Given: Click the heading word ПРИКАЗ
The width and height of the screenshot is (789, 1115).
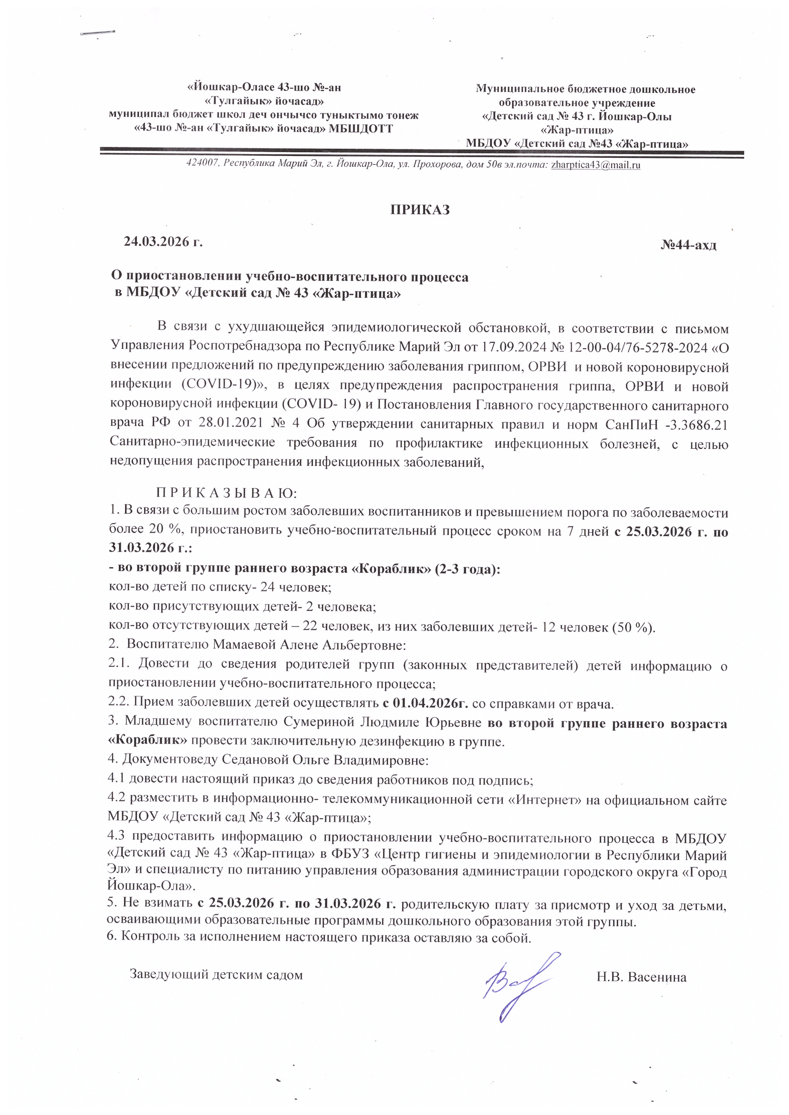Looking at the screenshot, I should [x=420, y=210].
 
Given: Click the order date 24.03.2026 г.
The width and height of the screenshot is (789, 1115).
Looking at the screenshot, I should [x=163, y=242].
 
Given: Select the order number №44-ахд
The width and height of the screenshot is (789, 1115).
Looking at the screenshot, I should [x=688, y=245].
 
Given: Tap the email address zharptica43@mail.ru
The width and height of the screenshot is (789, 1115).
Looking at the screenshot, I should [x=596, y=165].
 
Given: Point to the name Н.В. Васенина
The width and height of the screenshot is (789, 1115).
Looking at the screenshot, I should [x=641, y=977].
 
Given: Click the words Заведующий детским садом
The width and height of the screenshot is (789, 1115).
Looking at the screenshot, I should [x=216, y=975].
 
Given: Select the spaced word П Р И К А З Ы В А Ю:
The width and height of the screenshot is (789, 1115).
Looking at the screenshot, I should [x=227, y=494].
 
